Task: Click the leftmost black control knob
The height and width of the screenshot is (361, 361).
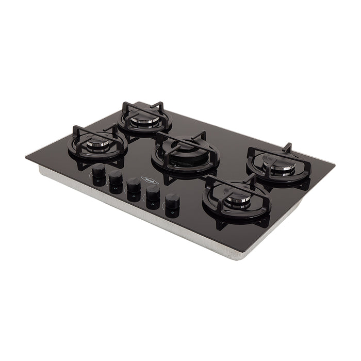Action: pos(99,171)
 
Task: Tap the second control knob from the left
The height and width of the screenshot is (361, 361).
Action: pos(116,177)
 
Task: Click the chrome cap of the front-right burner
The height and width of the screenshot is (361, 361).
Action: pos(237,200)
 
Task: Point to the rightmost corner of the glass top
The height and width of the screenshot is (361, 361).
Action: pos(335,165)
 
